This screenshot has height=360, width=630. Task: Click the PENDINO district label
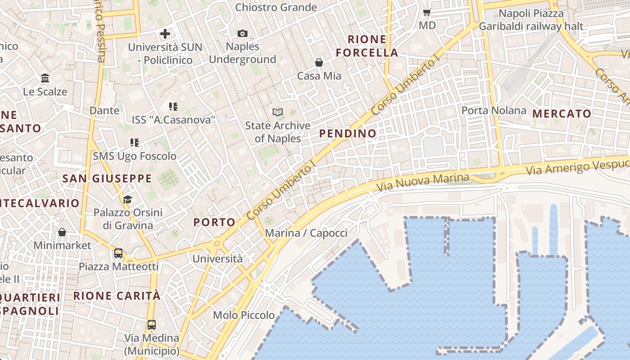pyautogui.click(x=348, y=133)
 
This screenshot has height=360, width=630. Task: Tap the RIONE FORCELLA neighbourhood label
pyautogui.click(x=367, y=46)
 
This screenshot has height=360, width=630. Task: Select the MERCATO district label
pyautogui.click(x=562, y=113)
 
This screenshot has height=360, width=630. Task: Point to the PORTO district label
pyautogui.click(x=214, y=222)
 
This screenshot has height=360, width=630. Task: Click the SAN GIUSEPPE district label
pyautogui.click(x=107, y=179)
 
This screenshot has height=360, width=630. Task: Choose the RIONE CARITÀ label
pyautogui.click(x=117, y=296)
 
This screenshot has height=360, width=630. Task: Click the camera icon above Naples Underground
pyautogui.click(x=243, y=34)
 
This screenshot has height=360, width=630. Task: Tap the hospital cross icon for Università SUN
pyautogui.click(x=165, y=34)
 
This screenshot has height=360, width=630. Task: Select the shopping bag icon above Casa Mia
pyautogui.click(x=319, y=63)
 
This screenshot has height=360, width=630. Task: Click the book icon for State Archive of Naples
pyautogui.click(x=278, y=112)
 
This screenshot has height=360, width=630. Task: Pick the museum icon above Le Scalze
pyautogui.click(x=45, y=78)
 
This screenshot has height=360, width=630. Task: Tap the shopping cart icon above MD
pyautogui.click(x=427, y=12)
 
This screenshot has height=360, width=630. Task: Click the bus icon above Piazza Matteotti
pyautogui.click(x=118, y=253)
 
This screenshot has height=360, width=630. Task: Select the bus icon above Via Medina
pyautogui.click(x=152, y=324)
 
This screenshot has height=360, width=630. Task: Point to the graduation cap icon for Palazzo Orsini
pyautogui.click(x=128, y=199)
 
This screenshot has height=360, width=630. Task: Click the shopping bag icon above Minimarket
pyautogui.click(x=62, y=232)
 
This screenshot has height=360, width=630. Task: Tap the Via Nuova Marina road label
pyautogui.click(x=423, y=182)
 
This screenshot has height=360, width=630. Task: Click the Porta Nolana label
pyautogui.click(x=494, y=110)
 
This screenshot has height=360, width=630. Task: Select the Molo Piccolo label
pyautogui.click(x=243, y=315)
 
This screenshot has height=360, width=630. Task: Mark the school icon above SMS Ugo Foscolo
pyautogui.click(x=134, y=143)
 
